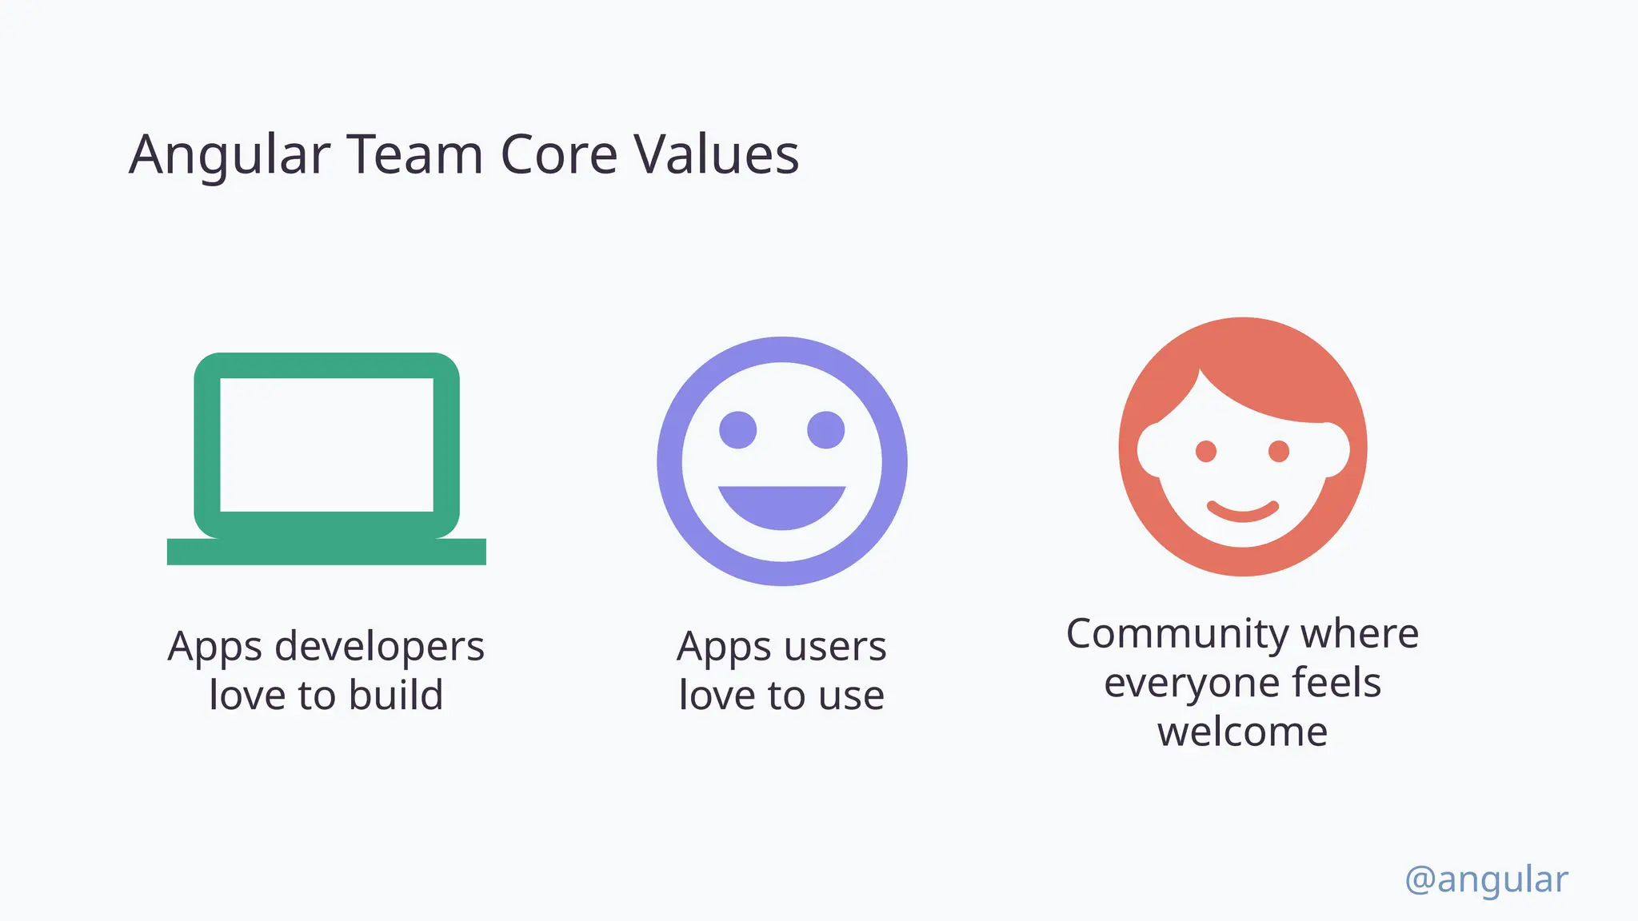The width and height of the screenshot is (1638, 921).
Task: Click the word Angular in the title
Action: [230, 154]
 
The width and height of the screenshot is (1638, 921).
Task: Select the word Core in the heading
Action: [558, 154]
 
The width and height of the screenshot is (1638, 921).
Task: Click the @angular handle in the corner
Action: [1486, 879]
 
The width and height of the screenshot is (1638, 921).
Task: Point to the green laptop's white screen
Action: [326, 445]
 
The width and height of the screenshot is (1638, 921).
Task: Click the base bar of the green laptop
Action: [326, 552]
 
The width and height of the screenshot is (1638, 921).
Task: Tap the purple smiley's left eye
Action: [737, 430]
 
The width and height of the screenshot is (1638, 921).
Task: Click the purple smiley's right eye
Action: [825, 430]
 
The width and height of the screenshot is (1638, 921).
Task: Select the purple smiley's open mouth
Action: [781, 505]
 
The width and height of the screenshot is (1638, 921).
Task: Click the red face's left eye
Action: [1206, 452]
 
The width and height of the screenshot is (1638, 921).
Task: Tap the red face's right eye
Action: [1279, 452]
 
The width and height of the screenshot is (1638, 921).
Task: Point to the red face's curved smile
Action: [1242, 512]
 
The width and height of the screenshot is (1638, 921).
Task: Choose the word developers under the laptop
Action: [379, 647]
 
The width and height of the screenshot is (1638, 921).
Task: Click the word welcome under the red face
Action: [1242, 732]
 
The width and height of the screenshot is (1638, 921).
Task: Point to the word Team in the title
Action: [414, 154]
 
